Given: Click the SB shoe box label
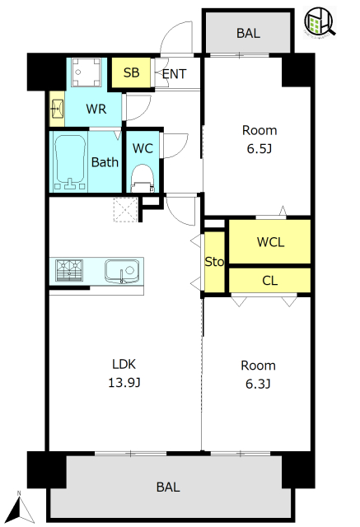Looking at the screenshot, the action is (131, 72).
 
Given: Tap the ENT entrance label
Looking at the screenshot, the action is (174, 74).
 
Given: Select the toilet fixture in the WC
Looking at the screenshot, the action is (143, 179).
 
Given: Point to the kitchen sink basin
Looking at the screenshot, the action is (122, 271).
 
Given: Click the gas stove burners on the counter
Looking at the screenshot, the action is (69, 270).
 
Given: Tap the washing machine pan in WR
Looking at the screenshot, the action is (86, 72).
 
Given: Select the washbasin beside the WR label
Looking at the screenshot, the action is (57, 109).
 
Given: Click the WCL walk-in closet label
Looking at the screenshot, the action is (270, 242).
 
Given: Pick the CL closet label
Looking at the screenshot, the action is (270, 281).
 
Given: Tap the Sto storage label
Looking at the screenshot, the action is (214, 262).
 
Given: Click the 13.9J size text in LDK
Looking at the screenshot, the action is (124, 382).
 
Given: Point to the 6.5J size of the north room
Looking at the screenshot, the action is (259, 148).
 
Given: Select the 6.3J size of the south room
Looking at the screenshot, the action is (258, 384).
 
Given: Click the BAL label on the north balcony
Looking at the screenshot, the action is (248, 33).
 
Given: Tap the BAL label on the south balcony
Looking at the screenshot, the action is (168, 487).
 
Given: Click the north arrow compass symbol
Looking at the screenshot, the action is (20, 508).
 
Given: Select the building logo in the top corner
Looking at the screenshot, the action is (320, 22).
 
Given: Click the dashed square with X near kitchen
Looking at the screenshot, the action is (125, 210).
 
